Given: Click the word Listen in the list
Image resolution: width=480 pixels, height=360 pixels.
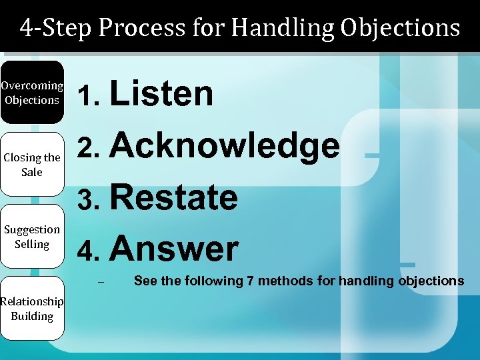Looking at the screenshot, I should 161,94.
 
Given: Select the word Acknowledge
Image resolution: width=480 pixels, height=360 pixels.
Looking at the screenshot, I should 225,146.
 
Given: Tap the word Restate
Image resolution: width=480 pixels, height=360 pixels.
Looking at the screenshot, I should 173,198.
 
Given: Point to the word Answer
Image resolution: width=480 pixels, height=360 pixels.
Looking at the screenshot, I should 173,249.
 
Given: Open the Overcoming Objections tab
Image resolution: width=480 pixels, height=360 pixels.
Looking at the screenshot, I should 32,93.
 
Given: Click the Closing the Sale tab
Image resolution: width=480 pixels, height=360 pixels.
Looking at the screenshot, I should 32,165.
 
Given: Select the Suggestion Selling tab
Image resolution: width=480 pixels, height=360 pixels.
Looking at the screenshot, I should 32,237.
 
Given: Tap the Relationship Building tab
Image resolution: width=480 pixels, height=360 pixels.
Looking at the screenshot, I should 32,309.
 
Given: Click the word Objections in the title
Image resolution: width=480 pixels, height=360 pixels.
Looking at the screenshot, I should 400,28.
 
